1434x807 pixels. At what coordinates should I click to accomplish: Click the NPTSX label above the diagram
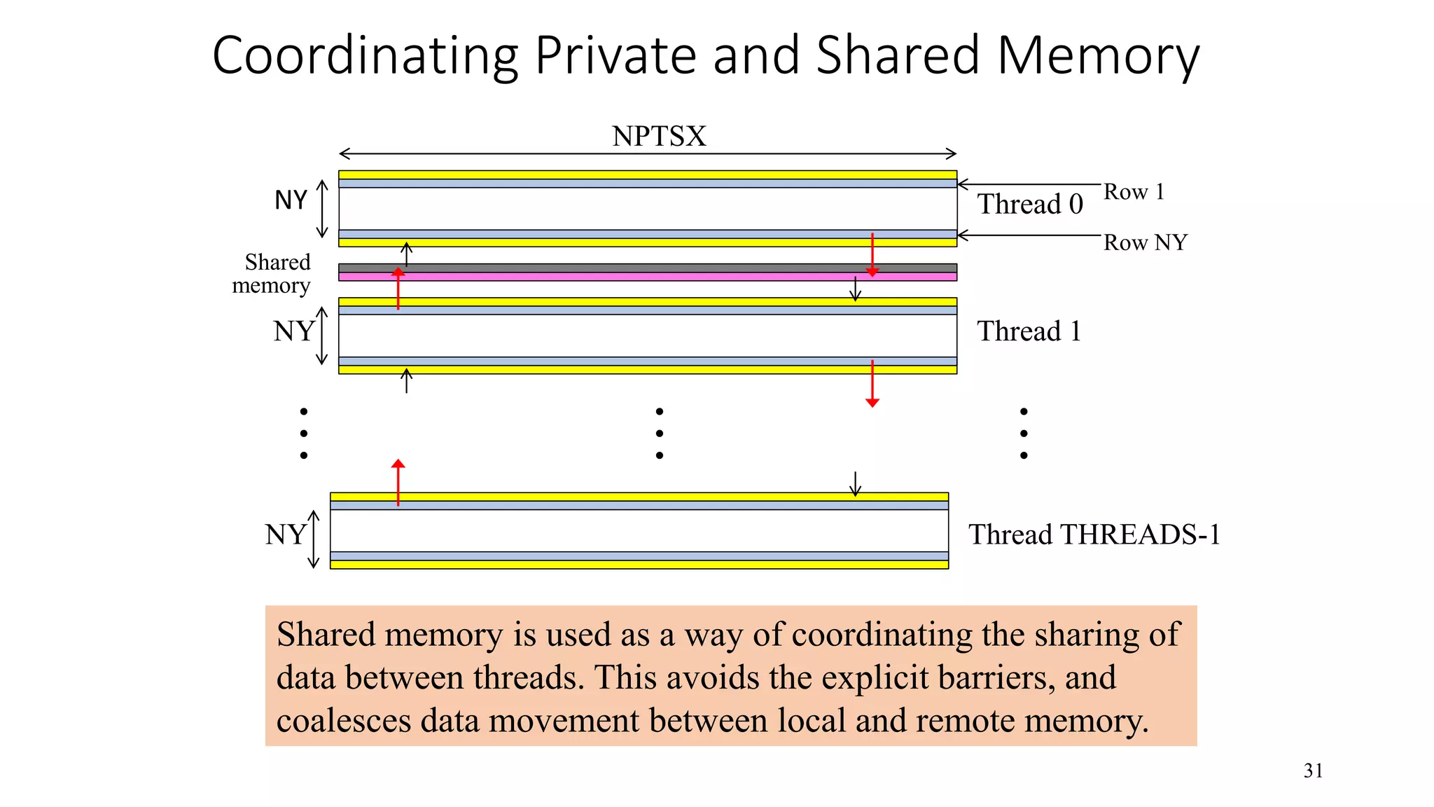[659, 136]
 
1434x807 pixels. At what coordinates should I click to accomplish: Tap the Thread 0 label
[1030, 205]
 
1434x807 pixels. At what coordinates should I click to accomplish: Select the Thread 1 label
[1029, 331]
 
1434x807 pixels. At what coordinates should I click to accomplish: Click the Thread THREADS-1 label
[1094, 535]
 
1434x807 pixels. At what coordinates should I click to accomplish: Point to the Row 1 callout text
[1134, 192]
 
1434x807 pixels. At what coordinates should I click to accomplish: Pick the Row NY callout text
[1146, 243]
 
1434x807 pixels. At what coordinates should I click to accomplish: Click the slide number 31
[1313, 771]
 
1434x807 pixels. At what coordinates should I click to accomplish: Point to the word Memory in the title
[1099, 55]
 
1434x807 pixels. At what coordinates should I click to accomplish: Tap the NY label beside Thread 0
[291, 200]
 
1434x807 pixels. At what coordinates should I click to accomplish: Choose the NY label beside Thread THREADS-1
[285, 535]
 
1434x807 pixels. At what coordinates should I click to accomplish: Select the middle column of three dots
[659, 434]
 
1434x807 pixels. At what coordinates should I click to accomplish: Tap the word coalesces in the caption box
[343, 721]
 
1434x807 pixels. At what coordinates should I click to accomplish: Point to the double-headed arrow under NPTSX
[647, 154]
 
